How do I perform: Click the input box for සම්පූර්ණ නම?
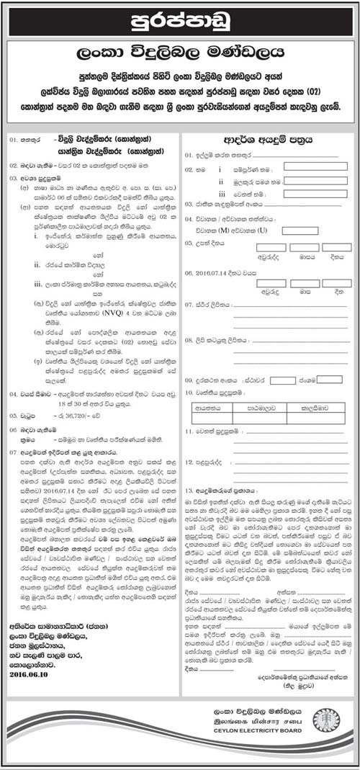[x=310, y=166]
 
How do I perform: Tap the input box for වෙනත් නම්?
[x=310, y=195]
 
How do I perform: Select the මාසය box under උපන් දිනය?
[x=303, y=247]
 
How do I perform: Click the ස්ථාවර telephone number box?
[x=282, y=380]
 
